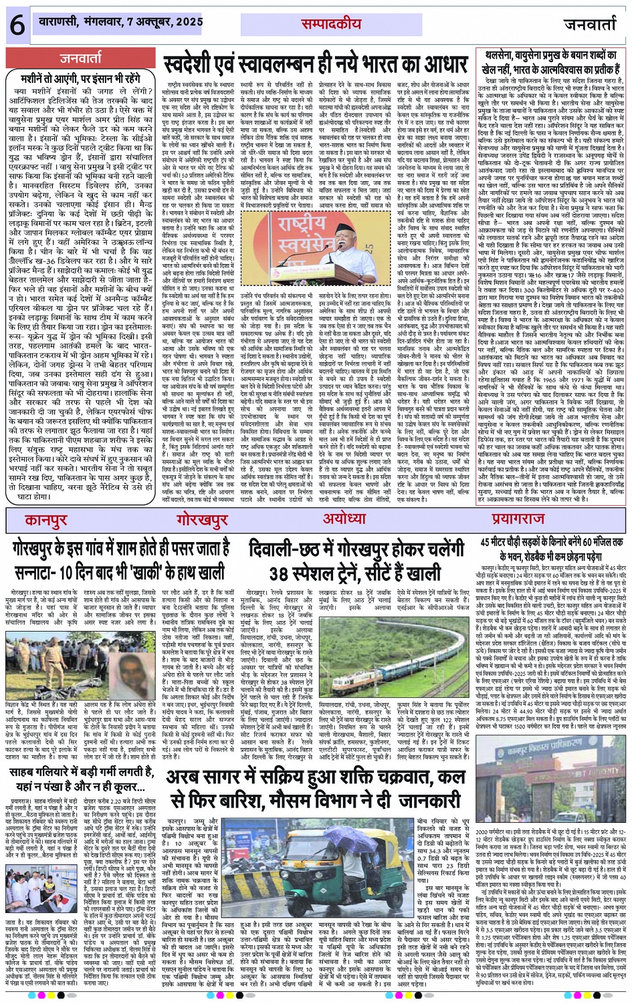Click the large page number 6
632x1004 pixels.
pyautogui.click(x=16, y=24)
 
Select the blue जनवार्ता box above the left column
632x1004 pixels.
pyautogui.click(x=80, y=57)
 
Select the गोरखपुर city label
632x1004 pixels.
pyautogui.click(x=203, y=521)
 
